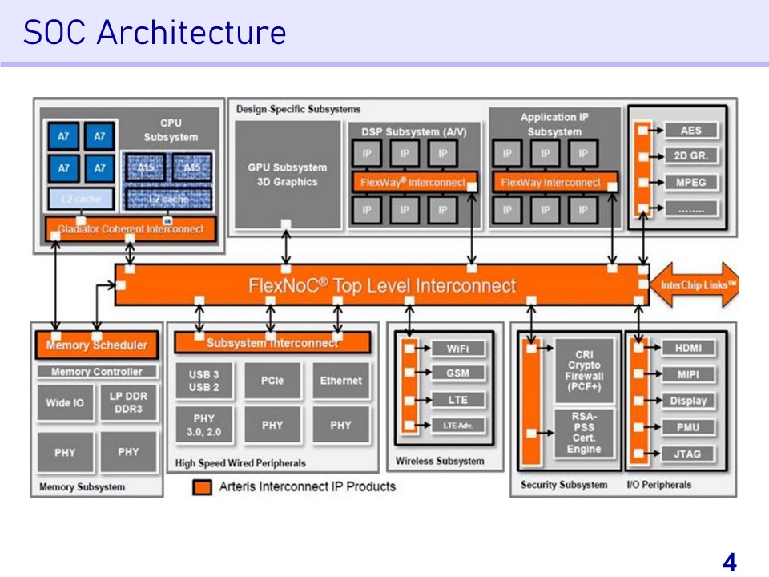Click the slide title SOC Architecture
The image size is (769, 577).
pyautogui.click(x=155, y=33)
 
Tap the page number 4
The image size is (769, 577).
pyautogui.click(x=729, y=563)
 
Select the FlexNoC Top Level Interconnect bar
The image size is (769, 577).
pyautogui.click(x=380, y=285)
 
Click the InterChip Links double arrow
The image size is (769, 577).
pyautogui.click(x=695, y=284)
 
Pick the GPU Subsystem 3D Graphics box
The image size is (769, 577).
pyautogui.click(x=288, y=175)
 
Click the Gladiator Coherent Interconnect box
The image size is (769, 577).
pyautogui.click(x=131, y=229)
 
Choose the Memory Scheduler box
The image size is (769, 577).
pyautogui.click(x=96, y=345)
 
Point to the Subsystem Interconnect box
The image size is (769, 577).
pyautogui.click(x=272, y=343)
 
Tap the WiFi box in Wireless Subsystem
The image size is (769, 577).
pyautogui.click(x=457, y=349)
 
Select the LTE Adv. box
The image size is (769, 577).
pyautogui.click(x=457, y=426)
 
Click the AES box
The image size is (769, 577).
pyautogui.click(x=690, y=131)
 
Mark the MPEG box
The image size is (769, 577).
pyautogui.click(x=690, y=182)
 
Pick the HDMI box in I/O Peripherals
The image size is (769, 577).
pyautogui.click(x=687, y=348)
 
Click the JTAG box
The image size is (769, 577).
pyautogui.click(x=687, y=454)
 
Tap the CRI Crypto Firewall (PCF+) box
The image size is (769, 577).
pyautogui.click(x=584, y=370)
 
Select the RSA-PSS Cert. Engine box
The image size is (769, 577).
pyautogui.click(x=584, y=433)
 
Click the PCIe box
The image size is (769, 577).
pyautogui.click(x=272, y=381)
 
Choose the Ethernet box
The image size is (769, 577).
pyautogui.click(x=341, y=381)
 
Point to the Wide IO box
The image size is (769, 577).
pyautogui.click(x=65, y=402)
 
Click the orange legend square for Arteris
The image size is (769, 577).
pyautogui.click(x=203, y=486)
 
